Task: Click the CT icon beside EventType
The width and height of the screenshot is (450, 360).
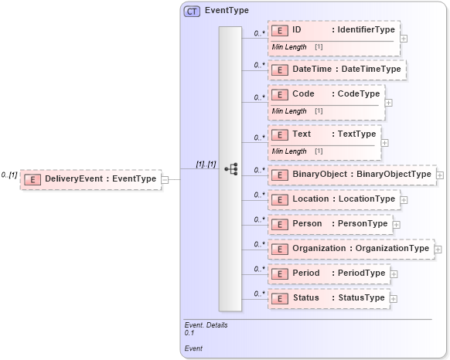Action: (191, 12)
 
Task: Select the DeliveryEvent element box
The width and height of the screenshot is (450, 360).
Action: (91, 179)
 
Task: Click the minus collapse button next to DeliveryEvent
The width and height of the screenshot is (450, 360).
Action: (165, 179)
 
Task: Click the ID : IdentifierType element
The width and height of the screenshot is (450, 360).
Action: (334, 30)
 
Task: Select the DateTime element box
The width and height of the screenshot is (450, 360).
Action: (337, 70)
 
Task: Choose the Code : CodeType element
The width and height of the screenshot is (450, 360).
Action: (326, 93)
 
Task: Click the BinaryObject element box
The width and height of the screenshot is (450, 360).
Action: (352, 175)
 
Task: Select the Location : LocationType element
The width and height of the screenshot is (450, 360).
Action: (334, 199)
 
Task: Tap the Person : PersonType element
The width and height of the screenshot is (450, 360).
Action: (330, 224)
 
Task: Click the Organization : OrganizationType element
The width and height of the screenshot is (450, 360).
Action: (351, 249)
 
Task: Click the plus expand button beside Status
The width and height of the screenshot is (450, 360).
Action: (394, 298)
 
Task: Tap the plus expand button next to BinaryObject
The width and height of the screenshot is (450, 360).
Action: (440, 175)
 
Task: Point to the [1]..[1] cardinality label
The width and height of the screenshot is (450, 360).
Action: (205, 165)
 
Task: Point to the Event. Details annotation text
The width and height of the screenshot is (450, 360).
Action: (206, 325)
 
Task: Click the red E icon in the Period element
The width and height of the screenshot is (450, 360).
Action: (280, 273)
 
